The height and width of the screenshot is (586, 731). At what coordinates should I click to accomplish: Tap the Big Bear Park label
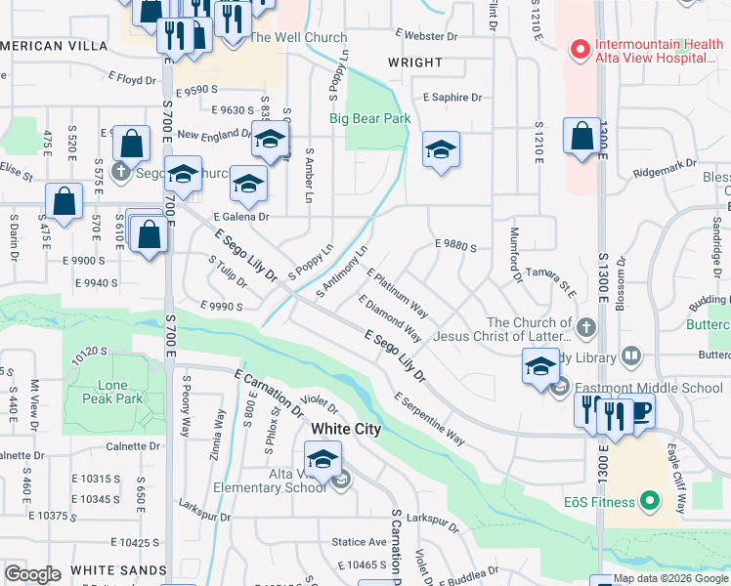(367, 119)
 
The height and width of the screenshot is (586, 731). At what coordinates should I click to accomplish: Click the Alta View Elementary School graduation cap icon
(322, 457)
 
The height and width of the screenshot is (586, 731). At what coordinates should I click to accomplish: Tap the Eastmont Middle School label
(648, 388)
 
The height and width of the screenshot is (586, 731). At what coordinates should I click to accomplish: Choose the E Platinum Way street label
(399, 291)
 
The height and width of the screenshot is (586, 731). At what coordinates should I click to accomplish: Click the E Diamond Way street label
(390, 319)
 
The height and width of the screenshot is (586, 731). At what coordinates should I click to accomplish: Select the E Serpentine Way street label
(429, 419)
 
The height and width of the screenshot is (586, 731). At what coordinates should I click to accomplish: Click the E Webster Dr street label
(427, 35)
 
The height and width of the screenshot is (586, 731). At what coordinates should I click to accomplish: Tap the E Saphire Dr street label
(452, 98)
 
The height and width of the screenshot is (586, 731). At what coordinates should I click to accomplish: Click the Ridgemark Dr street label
(661, 172)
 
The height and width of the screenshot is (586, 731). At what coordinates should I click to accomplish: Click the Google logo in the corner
(33, 574)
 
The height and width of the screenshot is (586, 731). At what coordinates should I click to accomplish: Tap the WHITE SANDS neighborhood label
(117, 569)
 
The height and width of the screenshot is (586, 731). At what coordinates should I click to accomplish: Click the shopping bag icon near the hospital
(581, 136)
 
